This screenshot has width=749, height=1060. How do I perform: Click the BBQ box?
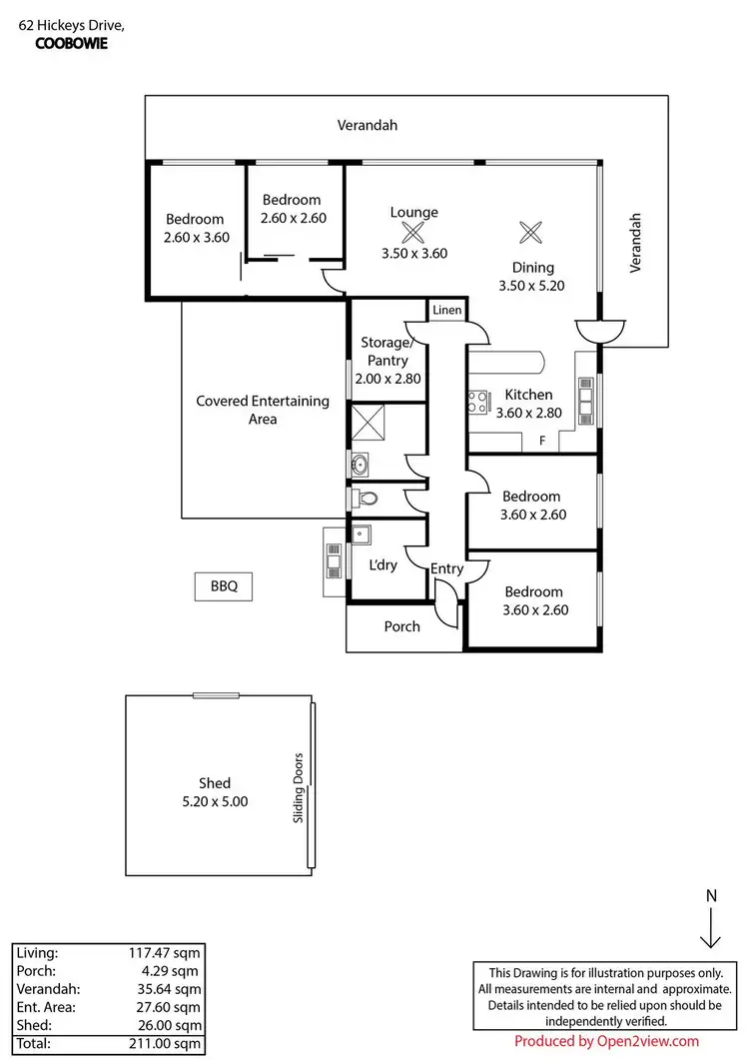coord(224,586)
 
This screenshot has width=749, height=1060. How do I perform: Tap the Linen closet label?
coord(446,311)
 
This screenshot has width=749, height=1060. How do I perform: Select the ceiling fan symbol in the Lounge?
coord(412,233)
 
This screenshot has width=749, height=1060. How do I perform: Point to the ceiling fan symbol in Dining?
coord(530,232)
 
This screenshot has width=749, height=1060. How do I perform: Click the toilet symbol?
coord(367,499)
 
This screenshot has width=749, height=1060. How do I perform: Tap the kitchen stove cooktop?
coord(476,403)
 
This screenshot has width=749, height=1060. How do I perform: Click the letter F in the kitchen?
coord(542,441)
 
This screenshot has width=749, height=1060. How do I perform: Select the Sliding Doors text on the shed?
coord(298,788)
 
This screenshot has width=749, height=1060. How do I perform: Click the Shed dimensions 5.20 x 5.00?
coord(214,801)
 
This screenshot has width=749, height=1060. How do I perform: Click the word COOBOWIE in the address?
coord(71,43)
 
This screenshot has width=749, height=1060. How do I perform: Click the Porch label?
coord(402,626)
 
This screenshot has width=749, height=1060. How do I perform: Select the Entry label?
coord(447,568)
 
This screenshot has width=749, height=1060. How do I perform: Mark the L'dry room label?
coord(383,564)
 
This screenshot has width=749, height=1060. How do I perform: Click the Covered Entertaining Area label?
coord(262,410)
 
